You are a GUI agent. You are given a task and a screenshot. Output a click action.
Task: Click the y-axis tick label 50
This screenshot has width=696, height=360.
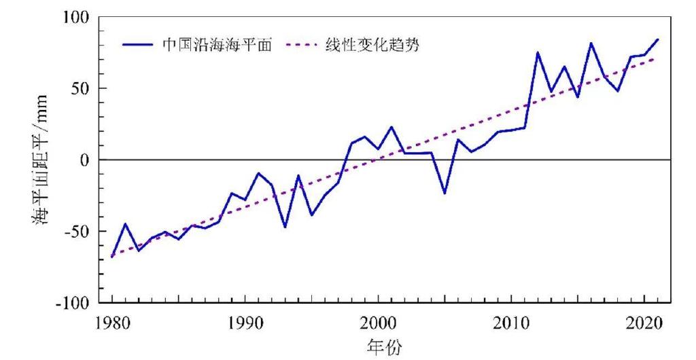click(83, 88)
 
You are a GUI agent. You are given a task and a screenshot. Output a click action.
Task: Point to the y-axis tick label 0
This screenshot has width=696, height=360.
click(87, 160)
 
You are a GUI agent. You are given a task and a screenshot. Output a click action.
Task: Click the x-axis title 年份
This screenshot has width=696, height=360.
click(384, 348)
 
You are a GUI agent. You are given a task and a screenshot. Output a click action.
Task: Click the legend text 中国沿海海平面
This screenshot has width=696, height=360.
click(217, 45)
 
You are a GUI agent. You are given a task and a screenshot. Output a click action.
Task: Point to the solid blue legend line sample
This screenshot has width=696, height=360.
click(139, 45)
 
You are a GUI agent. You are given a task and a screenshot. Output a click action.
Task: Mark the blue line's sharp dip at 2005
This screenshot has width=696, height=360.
click(445, 194)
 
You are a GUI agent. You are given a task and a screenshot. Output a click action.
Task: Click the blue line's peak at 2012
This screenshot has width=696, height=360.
click(538, 52)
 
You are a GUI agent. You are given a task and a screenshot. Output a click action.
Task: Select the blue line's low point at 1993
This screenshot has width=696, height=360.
click(285, 227)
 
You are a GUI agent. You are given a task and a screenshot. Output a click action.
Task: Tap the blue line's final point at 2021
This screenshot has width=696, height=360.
click(658, 39)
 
